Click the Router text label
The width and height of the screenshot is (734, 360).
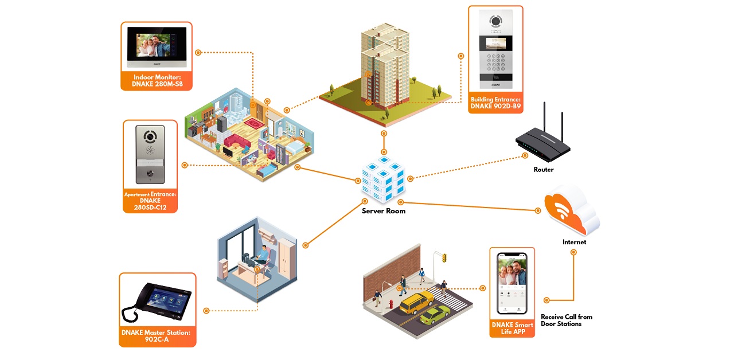tap(543, 170)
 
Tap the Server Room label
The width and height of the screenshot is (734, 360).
tap(383, 211)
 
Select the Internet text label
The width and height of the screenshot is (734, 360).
tap(574, 242)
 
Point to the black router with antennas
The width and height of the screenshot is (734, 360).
tap(542, 143)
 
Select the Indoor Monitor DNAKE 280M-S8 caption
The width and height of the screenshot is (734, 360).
tap(156, 81)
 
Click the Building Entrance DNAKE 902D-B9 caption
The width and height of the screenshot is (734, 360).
tap(495, 103)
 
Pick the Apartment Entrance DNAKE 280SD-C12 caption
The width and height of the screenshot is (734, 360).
tap(150, 201)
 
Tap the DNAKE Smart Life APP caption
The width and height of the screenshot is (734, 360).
tap(512, 328)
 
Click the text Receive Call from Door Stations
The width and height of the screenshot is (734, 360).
tap(566, 320)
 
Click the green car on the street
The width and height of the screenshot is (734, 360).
tap(435, 315)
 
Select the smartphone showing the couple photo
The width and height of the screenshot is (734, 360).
tap(512, 283)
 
